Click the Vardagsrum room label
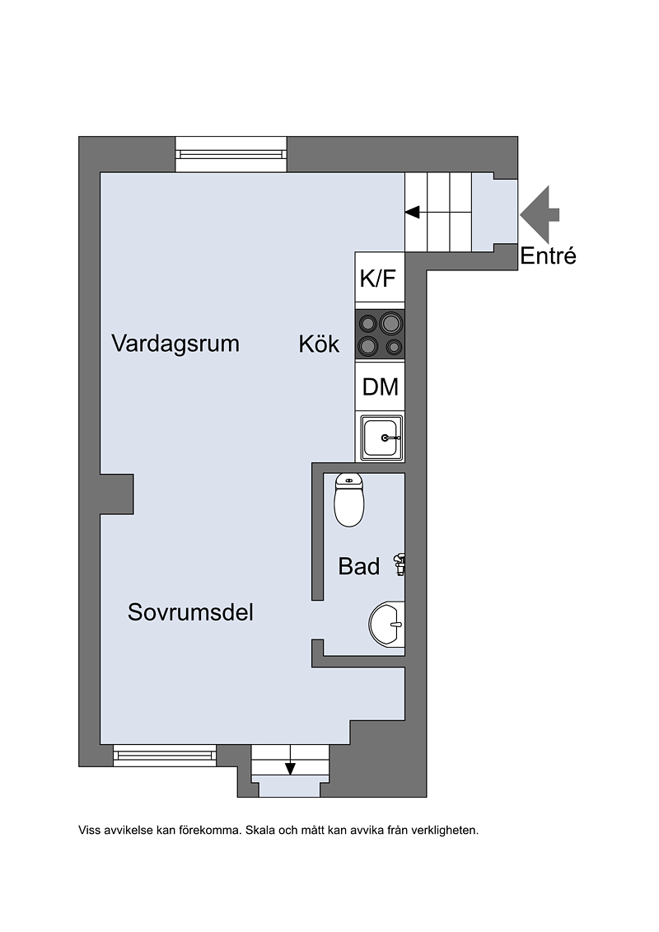coord(175,344)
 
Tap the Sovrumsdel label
coord(190,612)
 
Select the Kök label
coord(319,344)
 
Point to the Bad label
coord(359,566)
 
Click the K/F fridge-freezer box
coord(380,280)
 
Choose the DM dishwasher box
coord(380,386)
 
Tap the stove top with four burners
coord(380,335)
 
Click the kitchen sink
coord(381,438)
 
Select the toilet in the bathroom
coord(348,500)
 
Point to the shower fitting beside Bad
coord(400,564)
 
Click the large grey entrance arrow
coord(540,214)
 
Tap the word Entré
coord(548,256)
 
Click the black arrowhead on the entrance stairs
coord(413,212)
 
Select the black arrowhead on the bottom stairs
coord(290,769)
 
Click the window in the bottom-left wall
coord(165,756)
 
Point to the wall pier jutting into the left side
coord(116,494)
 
